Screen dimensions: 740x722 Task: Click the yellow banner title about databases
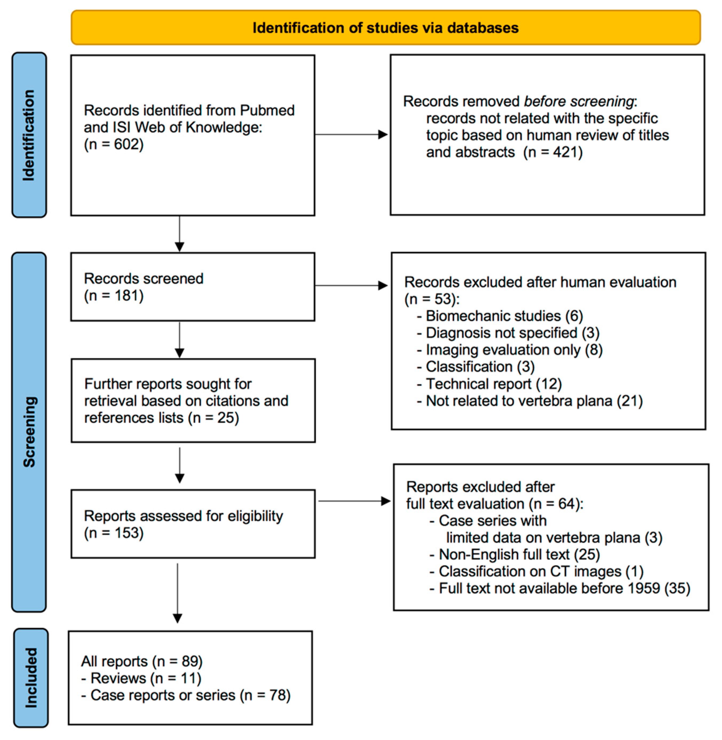tap(385, 28)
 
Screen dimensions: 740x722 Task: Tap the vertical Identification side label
tap(29, 135)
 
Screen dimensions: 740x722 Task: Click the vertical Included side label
tap(31, 678)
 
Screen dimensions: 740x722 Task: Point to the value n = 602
tap(113, 144)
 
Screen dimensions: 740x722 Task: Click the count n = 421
tap(553, 152)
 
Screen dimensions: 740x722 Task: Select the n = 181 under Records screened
tap(113, 296)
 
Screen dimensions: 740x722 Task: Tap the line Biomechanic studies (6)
tap(499, 316)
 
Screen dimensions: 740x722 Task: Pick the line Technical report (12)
tap(489, 384)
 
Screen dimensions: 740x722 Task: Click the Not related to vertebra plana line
tap(529, 401)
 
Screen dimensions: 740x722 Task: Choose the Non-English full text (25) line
tap(515, 554)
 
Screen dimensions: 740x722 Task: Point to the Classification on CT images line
tap(536, 571)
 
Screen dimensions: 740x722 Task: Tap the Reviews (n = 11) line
tap(141, 678)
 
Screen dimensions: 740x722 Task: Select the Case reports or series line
tap(186, 695)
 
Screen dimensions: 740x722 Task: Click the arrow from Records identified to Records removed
tap(351, 134)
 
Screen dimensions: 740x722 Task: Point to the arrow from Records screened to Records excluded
tap(351, 285)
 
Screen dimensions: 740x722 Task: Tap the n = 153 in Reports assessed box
tap(113, 533)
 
